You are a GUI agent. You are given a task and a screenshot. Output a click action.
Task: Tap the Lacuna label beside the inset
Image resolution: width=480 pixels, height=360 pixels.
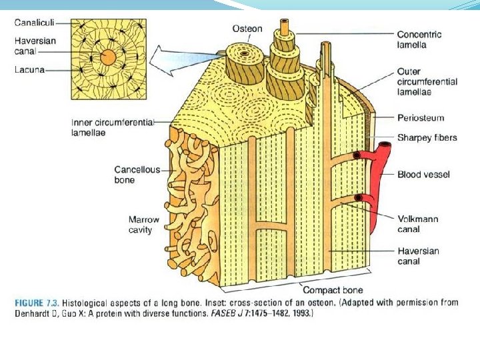pos(30,69)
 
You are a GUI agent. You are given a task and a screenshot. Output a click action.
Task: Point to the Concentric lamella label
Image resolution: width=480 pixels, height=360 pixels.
pos(419,39)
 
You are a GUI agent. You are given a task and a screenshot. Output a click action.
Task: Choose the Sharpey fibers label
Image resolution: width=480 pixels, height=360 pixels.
pos(427,137)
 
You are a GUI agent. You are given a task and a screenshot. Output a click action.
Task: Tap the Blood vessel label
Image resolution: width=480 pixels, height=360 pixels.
pos(423,175)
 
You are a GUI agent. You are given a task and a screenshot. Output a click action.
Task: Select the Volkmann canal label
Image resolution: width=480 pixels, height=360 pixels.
pos(417,224)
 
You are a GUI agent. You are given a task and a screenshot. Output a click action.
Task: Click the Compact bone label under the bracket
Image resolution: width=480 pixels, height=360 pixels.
pos(333,290)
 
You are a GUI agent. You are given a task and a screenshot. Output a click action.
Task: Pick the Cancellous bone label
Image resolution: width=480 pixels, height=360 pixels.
pos(137,175)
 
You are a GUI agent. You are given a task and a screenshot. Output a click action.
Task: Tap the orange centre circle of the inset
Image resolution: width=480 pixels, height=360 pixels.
pos(107,59)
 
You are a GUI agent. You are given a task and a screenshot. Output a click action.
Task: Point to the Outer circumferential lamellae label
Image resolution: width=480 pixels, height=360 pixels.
pos(427,81)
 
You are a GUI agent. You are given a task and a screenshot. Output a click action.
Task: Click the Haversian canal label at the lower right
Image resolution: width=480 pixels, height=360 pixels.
pos(417,256)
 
